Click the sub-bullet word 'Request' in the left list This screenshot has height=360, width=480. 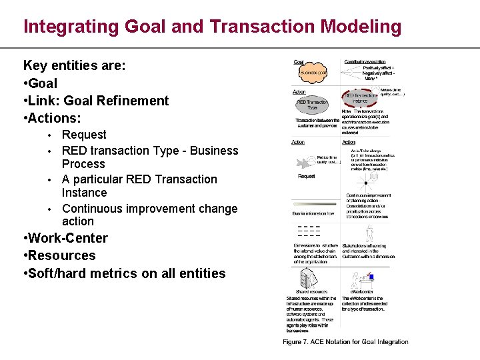84,135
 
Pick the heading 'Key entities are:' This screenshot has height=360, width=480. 74,66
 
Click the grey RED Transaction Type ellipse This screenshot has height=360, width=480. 311,104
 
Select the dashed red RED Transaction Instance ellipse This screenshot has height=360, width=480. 361,97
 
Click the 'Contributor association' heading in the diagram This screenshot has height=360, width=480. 365,62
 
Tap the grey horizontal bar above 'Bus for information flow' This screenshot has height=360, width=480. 315,207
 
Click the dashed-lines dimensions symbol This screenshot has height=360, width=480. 307,231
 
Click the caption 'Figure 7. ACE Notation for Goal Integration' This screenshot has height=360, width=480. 345,342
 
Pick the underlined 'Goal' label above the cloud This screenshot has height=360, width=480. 299,62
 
